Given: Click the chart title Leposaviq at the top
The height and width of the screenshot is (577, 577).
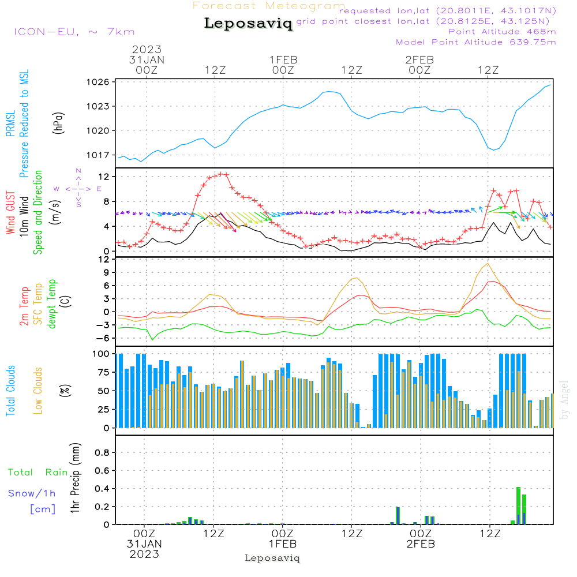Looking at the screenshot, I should pyautogui.click(x=248, y=24).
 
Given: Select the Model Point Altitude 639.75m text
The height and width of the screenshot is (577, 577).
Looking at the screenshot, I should pyautogui.click(x=475, y=42).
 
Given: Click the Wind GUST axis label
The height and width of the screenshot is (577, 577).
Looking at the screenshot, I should pyautogui.click(x=11, y=214).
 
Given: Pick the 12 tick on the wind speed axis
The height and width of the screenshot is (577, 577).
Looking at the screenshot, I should pyautogui.click(x=104, y=176).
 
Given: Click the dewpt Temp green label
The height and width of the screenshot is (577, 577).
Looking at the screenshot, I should pyautogui.click(x=51, y=304).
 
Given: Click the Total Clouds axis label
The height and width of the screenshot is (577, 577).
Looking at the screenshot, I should pyautogui.click(x=11, y=391).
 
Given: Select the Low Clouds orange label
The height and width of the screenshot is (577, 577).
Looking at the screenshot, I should pyautogui.click(x=38, y=391).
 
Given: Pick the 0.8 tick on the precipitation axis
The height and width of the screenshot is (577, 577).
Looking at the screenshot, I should pyautogui.click(x=102, y=453).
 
